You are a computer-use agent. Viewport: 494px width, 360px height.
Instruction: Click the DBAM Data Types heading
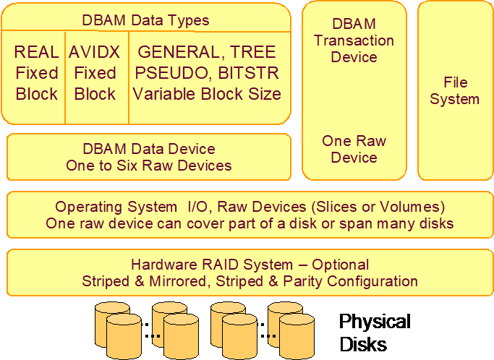(x=146, y=20)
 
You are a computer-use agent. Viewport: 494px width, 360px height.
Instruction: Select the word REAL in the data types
(x=35, y=52)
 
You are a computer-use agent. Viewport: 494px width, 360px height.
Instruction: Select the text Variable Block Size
(x=207, y=94)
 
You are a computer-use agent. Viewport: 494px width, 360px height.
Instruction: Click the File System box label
(x=454, y=90)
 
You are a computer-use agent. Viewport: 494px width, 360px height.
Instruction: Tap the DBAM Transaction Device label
(x=354, y=40)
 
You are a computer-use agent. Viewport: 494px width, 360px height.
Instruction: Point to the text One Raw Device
(x=354, y=149)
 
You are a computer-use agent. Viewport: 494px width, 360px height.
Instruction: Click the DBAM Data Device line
(x=149, y=149)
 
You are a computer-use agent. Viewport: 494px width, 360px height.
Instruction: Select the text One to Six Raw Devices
(x=149, y=166)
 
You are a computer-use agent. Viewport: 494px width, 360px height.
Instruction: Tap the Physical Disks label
(x=375, y=331)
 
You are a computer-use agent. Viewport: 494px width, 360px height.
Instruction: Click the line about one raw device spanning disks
(x=250, y=223)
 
